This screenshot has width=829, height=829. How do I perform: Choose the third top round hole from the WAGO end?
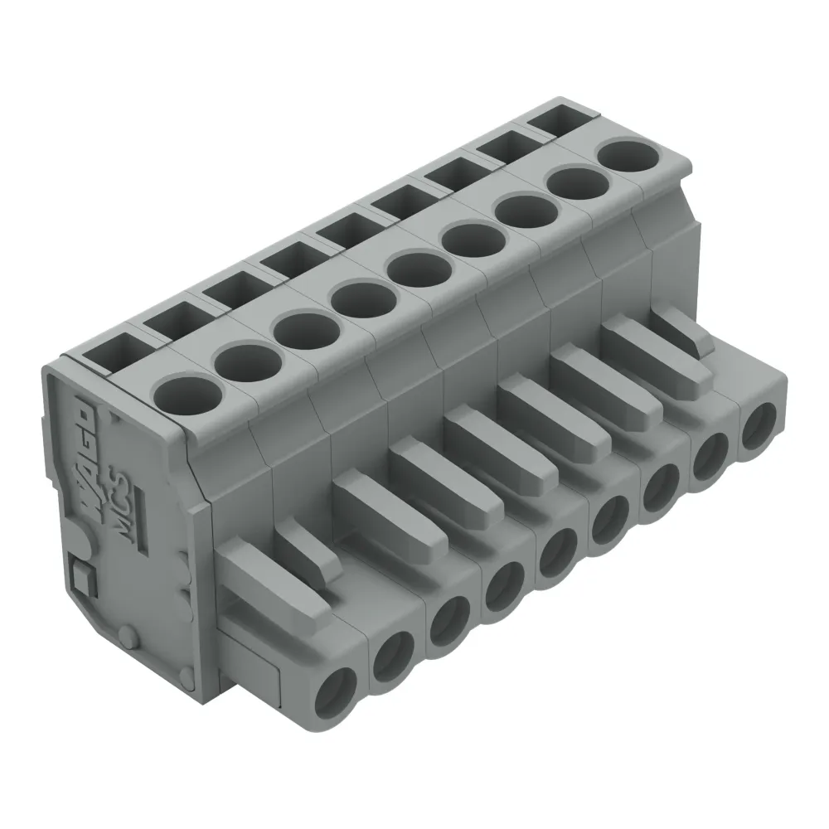[x=301, y=329]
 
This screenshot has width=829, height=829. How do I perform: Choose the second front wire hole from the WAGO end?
[x=395, y=655]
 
